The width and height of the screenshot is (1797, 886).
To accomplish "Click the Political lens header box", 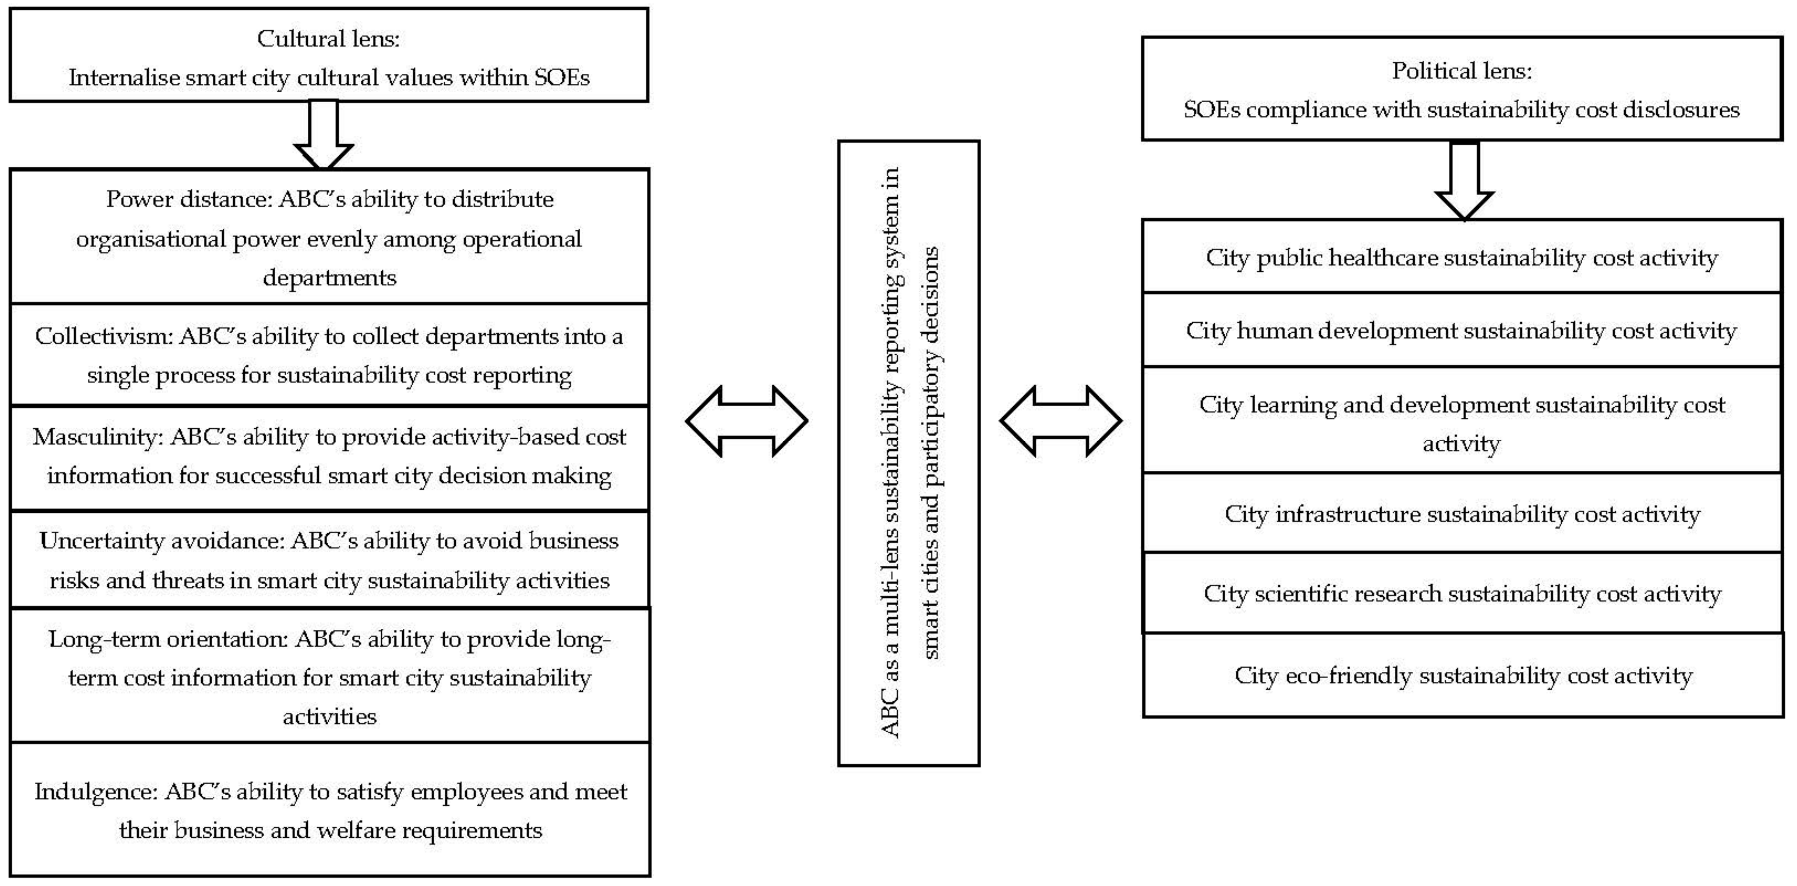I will [1461, 89].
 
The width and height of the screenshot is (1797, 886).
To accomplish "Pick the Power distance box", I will [329, 237].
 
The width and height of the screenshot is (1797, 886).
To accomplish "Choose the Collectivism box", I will [329, 355].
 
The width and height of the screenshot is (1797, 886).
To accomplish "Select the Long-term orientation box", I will [329, 677].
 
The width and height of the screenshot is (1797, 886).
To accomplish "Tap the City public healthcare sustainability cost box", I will [1461, 257].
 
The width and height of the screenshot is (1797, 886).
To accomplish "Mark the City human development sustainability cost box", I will [1461, 331].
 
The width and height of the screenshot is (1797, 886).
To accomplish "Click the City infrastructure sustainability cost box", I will [1461, 514].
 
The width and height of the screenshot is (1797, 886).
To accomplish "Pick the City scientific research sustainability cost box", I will [1461, 594].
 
